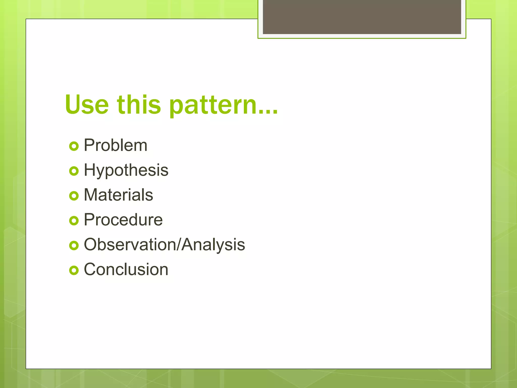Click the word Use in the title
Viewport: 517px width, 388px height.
(87, 104)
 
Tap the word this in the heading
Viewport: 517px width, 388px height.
(139, 104)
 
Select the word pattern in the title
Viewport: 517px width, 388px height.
(213, 106)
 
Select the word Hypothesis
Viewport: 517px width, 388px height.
(126, 170)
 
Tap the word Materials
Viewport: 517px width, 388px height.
(118, 195)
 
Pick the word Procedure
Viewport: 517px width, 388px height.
(123, 220)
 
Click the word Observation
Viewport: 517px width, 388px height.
(130, 245)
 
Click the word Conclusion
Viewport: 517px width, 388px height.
(126, 269)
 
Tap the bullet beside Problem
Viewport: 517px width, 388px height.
(74, 146)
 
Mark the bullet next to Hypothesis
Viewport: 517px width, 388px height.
(74, 171)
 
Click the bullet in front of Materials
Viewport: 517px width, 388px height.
(74, 196)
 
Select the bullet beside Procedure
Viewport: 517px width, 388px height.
(74, 221)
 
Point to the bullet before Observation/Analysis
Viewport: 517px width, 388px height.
(74, 245)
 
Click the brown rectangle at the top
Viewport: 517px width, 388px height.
(362, 17)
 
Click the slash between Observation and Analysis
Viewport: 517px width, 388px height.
(179, 245)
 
